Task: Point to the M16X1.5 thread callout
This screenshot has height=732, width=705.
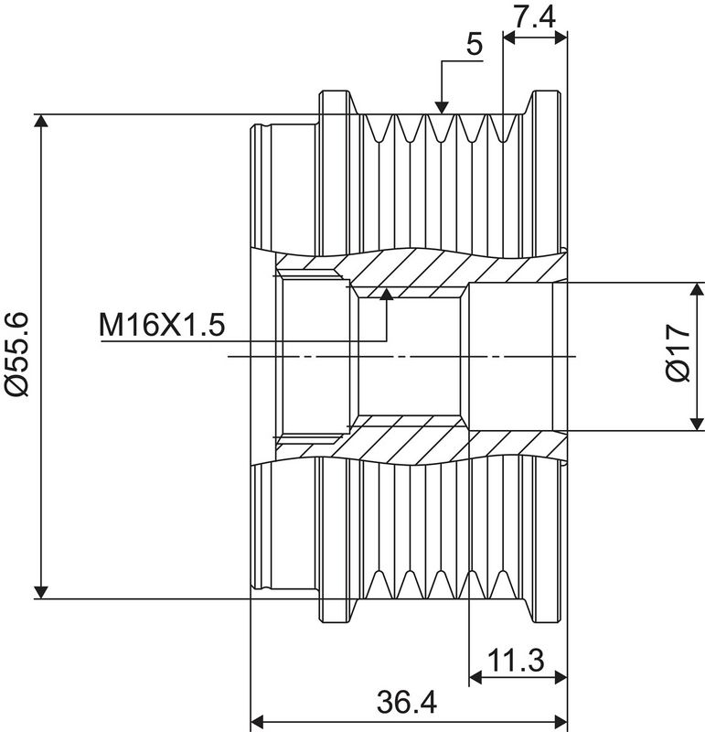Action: pyautogui.click(x=161, y=325)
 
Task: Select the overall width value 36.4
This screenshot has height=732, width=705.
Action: pyautogui.click(x=406, y=703)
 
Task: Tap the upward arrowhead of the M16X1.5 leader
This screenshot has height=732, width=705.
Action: pyautogui.click(x=387, y=295)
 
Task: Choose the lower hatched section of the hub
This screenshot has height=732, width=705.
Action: pyautogui.click(x=421, y=444)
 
